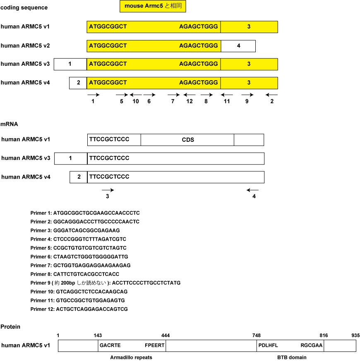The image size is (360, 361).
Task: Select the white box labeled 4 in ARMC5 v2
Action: pos(238,45)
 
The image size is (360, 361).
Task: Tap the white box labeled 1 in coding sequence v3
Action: pos(70,64)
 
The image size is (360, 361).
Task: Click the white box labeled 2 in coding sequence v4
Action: pos(78,83)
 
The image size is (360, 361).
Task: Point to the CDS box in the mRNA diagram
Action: pos(187,140)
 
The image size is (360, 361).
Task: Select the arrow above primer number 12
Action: pos(190,95)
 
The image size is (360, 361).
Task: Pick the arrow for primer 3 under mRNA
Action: pos(108,190)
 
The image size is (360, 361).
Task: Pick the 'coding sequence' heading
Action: pos(24,7)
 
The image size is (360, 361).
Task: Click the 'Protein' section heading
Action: pos(10,327)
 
